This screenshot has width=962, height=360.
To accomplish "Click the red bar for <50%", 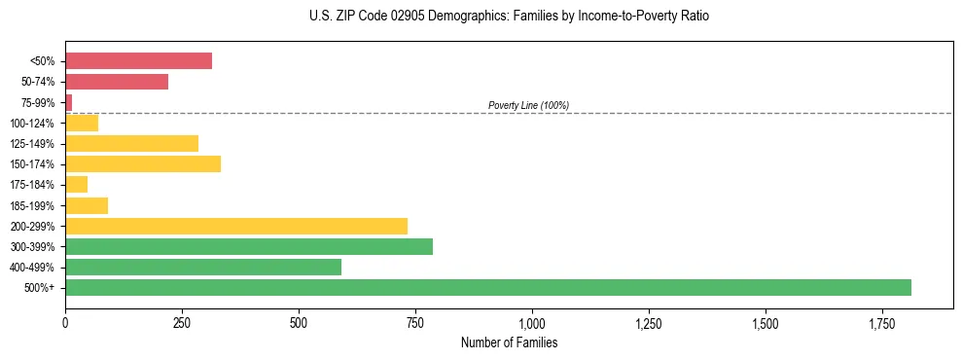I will (138, 61).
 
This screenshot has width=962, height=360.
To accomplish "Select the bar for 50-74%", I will (117, 82).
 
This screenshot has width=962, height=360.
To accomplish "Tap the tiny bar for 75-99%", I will (69, 102).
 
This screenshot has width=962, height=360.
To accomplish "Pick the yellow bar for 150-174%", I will (143, 163).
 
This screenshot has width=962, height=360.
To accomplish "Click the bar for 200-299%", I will (236, 226).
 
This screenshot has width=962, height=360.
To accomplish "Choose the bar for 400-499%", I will (203, 267).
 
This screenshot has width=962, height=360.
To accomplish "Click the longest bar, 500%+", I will (488, 287).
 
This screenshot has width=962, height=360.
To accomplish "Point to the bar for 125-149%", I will (131, 143).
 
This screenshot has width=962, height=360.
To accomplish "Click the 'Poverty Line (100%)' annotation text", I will (528, 105).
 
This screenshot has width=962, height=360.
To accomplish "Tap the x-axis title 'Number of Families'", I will (509, 343).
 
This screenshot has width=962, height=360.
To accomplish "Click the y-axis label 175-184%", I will (32, 185).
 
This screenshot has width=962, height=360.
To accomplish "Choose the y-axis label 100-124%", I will (32, 124).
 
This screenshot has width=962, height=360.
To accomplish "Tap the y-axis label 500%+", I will (39, 288).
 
